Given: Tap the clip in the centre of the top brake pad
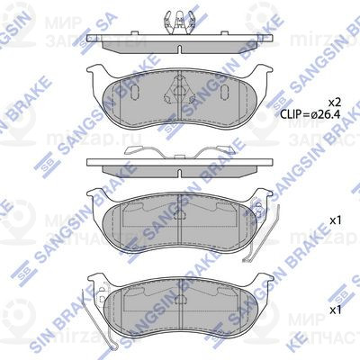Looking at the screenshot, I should pyautogui.click(x=183, y=92).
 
